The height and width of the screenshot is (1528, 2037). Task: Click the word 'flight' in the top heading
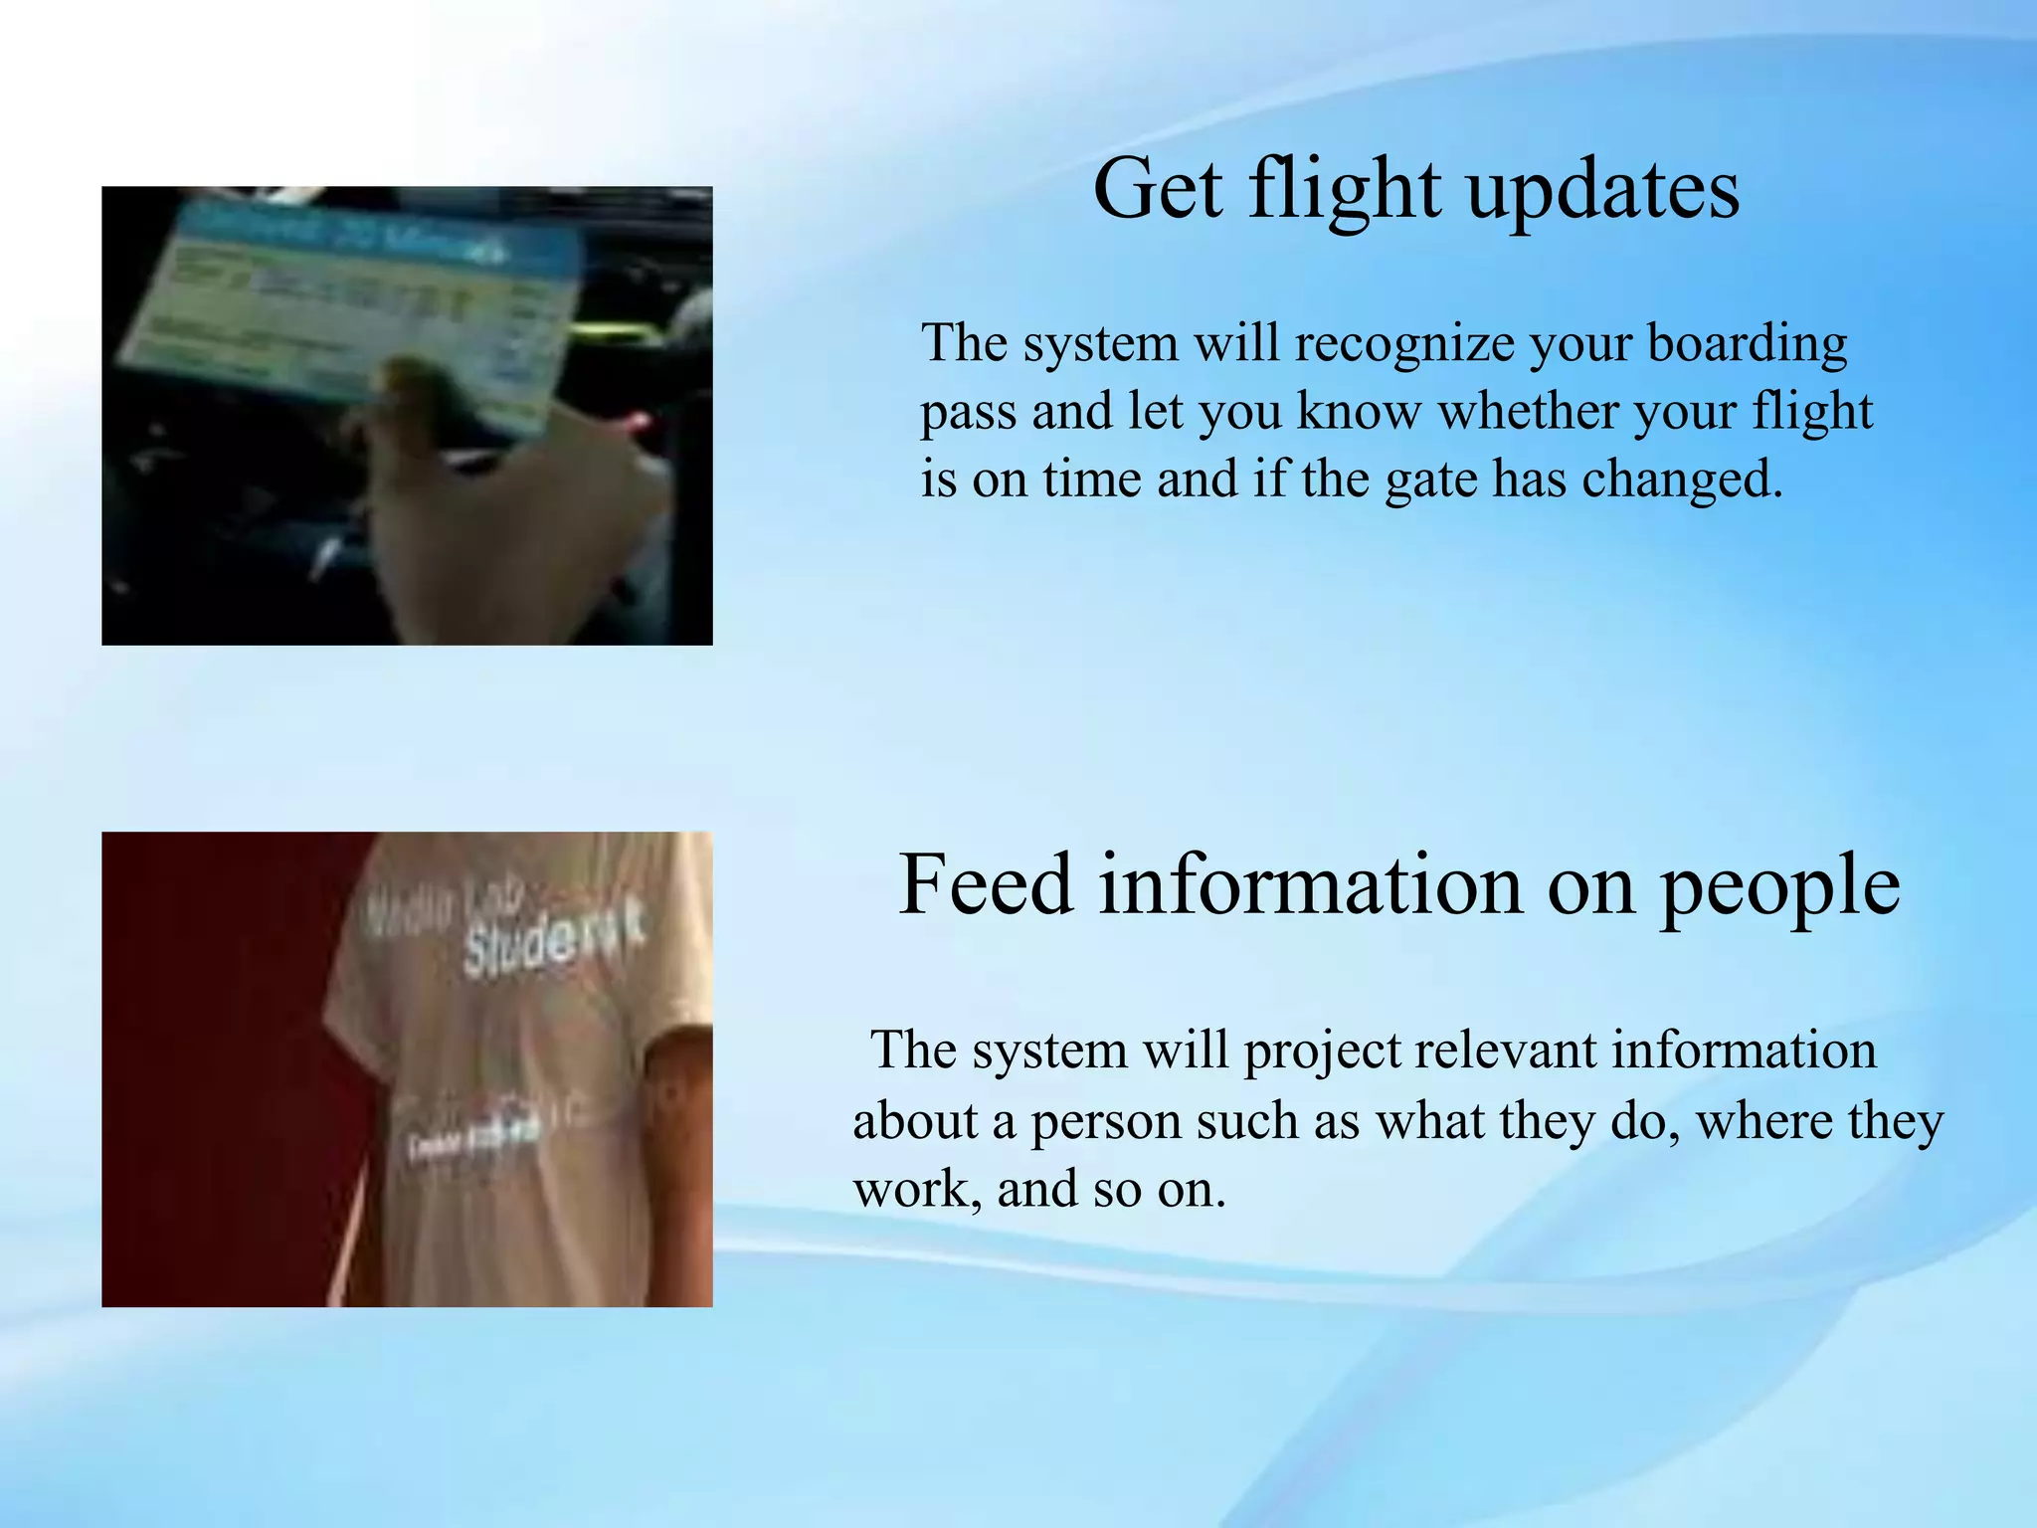pyautogui.click(x=1344, y=191)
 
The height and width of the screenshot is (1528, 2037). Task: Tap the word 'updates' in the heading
pyautogui.click(x=1603, y=191)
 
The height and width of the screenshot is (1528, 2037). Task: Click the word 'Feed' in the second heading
pyautogui.click(x=986, y=884)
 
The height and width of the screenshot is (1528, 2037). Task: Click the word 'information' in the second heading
pyautogui.click(x=1313, y=884)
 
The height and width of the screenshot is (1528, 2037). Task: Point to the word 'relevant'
pyautogui.click(x=1503, y=1051)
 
